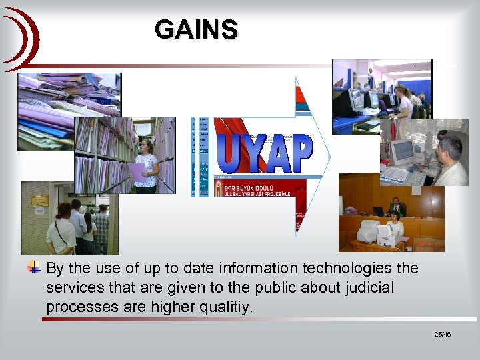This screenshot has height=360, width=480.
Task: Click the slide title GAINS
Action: point(195,30)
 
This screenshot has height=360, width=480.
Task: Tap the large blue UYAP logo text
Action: point(265,154)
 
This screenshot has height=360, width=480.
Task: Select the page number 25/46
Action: point(442,333)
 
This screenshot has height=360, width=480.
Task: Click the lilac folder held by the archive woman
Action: point(137,173)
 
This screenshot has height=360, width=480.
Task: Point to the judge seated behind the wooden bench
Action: point(396,206)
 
